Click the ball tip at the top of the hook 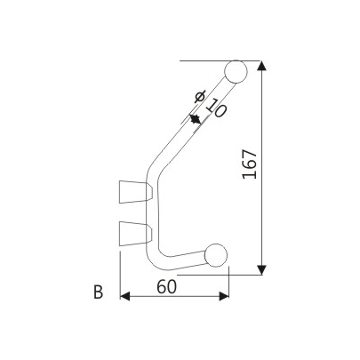click(x=236, y=71)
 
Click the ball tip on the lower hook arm click(x=217, y=255)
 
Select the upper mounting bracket click(x=133, y=190)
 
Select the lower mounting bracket click(x=133, y=233)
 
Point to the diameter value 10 click(x=213, y=111)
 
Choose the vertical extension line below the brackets click(x=119, y=276)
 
